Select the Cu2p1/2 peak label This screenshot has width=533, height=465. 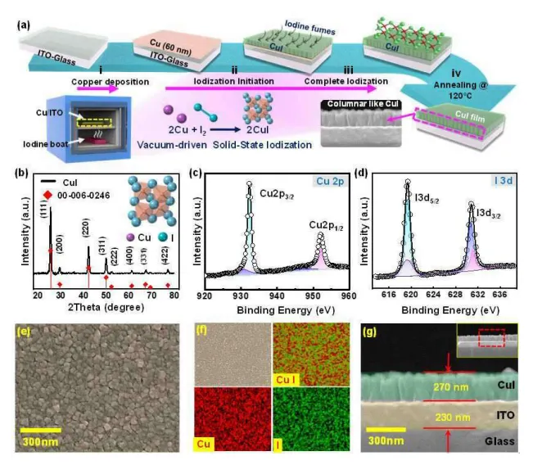click(325, 223)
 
